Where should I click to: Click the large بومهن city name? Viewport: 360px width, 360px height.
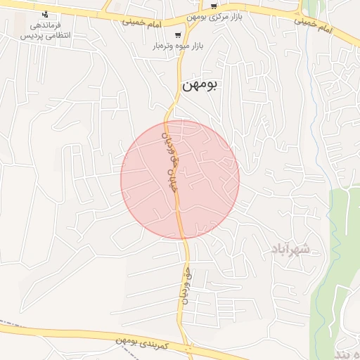200,86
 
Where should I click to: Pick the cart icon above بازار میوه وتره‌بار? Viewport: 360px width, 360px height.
178,34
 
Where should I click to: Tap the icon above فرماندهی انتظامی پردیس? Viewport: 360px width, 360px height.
46,15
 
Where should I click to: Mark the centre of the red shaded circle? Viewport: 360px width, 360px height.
180,179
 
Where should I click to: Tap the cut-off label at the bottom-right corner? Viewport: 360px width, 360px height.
349,351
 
